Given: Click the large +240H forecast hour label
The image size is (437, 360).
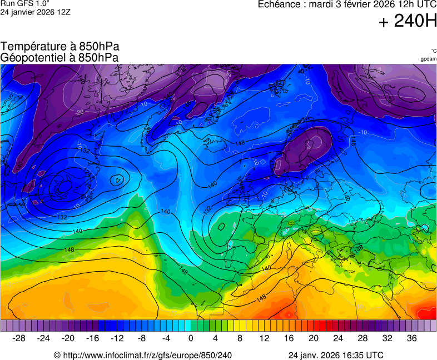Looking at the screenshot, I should click(x=408, y=21).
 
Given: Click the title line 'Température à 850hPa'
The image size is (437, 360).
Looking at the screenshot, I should click(x=60, y=47).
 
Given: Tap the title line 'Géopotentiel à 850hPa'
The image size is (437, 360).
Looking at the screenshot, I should click(x=59, y=57).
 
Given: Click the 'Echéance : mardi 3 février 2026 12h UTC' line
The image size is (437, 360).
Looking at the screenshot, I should click(x=347, y=4).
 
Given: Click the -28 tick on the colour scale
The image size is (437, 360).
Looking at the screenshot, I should click(x=19, y=338).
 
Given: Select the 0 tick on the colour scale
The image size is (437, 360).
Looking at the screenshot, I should click(x=191, y=338).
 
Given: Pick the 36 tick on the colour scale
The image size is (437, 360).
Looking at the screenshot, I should click(x=411, y=338).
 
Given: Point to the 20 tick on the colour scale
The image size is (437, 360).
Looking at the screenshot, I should click(x=314, y=338).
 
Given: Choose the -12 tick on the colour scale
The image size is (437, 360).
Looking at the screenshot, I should click(x=117, y=338).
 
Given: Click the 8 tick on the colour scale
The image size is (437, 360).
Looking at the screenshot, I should click(x=240, y=338).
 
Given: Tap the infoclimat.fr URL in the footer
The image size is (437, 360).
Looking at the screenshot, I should click(x=142, y=355).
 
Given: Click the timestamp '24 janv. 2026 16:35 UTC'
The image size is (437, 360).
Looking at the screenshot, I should click(x=336, y=355).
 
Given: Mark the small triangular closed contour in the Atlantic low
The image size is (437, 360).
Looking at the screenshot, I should click(x=118, y=180).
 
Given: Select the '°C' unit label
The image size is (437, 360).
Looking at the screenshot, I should click(x=433, y=51).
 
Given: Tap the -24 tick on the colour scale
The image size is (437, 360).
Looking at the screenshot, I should click(x=44, y=338).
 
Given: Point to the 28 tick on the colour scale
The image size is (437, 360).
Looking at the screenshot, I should click(x=362, y=338).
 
